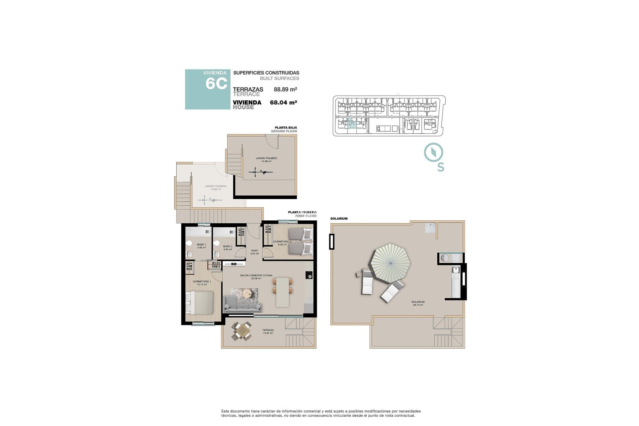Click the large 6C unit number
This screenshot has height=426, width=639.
click(x=216, y=84)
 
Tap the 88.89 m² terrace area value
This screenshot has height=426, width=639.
click(x=285, y=89)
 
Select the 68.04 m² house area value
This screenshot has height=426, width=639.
click(x=283, y=103)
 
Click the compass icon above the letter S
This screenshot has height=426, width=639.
click(x=433, y=152)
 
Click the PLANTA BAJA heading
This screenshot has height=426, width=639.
click(x=286, y=127)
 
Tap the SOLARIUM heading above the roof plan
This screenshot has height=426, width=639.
click(x=339, y=219)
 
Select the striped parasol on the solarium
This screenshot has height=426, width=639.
click(x=391, y=263)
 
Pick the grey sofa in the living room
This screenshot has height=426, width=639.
click(x=243, y=304)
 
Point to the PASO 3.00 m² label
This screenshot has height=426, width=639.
click(x=255, y=252)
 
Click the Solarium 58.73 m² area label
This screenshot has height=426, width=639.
click(x=418, y=303)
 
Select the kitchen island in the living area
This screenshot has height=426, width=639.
click(x=283, y=292)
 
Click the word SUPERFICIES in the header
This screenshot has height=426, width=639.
click(x=248, y=73)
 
